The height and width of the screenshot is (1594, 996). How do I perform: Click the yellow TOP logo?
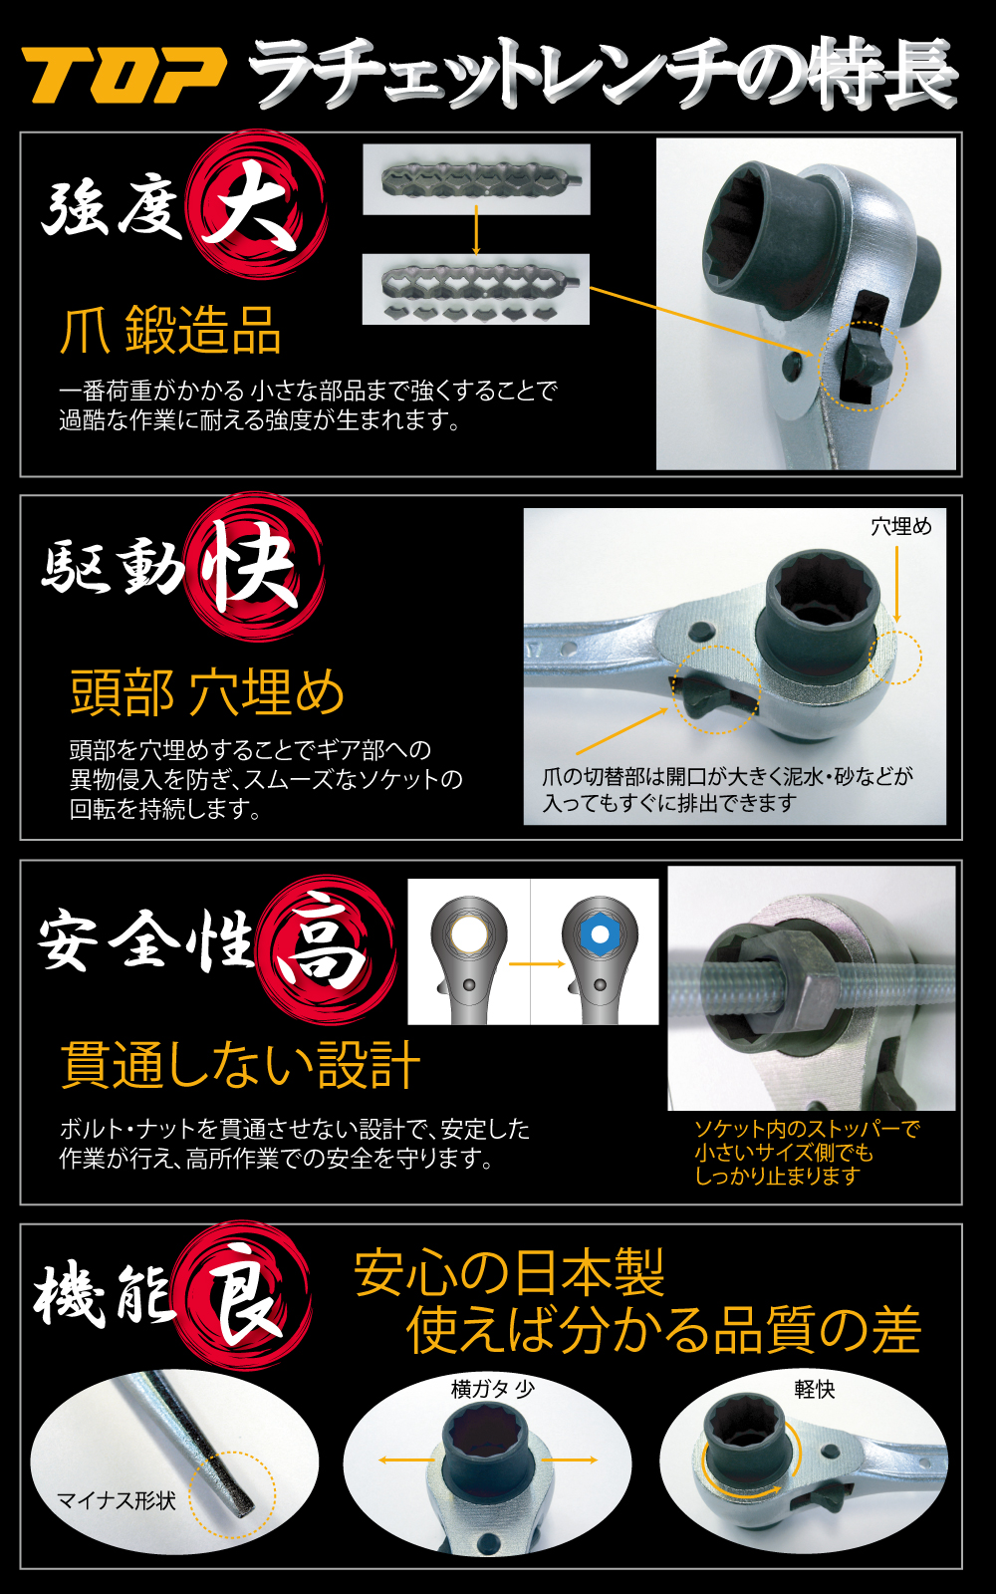point(124,75)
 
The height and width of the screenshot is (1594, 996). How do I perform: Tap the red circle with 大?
point(256,204)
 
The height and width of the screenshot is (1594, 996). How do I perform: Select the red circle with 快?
point(254,567)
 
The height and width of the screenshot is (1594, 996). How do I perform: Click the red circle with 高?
point(326,950)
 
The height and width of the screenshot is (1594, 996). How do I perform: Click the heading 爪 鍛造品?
point(170,330)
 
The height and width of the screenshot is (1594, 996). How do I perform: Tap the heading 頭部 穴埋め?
point(207,692)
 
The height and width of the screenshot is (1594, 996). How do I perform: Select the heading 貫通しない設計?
point(240,1065)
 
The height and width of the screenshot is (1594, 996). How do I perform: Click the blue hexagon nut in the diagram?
point(600,934)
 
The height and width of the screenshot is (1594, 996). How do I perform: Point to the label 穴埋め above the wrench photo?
point(900,527)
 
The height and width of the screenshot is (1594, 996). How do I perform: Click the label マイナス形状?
point(116,1500)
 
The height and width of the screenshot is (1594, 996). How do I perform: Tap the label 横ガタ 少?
point(492,1389)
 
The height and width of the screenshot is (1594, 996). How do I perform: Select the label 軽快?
point(815,1389)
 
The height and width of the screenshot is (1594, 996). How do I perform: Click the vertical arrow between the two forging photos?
point(476,230)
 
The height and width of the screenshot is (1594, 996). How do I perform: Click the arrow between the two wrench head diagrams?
point(537,964)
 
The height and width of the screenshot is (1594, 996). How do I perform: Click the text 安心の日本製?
point(509,1272)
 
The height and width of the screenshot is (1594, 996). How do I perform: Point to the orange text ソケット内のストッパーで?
point(808,1129)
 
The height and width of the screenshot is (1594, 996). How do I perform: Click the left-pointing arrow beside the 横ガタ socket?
point(405,1461)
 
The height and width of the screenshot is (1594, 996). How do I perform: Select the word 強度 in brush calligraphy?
point(112,206)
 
